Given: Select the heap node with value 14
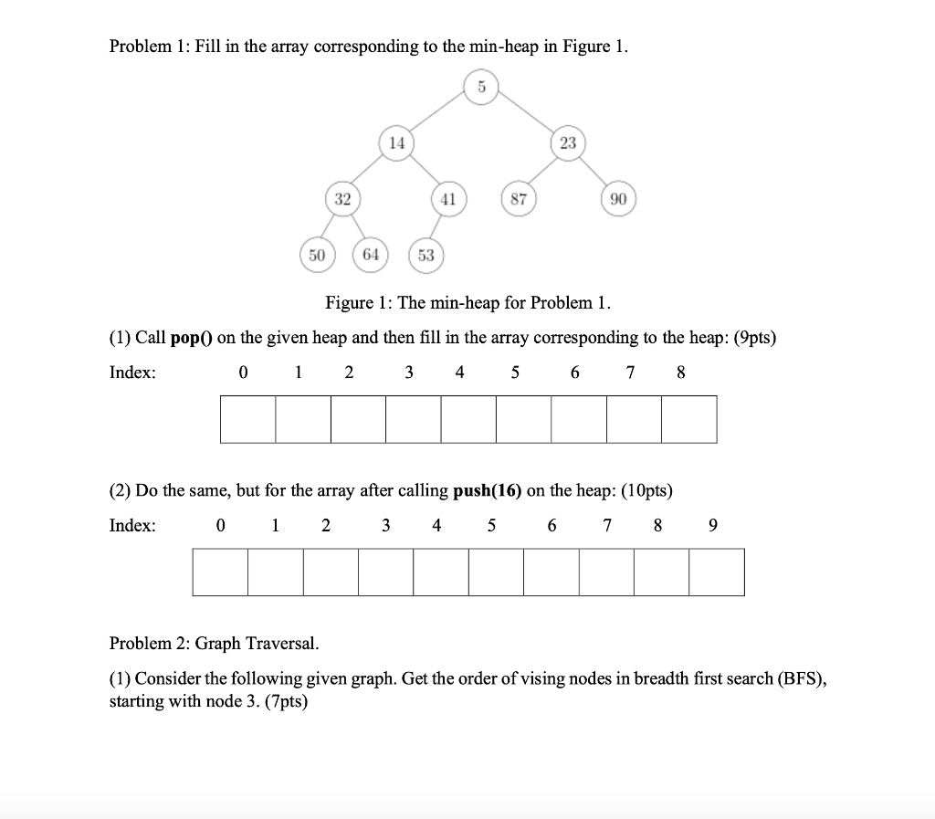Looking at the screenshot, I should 396,143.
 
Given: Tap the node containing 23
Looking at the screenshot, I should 568,143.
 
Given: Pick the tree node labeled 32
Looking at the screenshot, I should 342,199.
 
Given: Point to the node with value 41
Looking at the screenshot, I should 447,199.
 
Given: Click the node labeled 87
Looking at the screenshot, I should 518,199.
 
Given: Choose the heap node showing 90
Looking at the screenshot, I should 617,199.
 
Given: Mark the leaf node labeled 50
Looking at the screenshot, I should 317,255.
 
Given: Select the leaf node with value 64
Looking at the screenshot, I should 370,255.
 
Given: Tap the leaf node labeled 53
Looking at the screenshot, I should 425,256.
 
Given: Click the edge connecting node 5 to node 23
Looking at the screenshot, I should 526,115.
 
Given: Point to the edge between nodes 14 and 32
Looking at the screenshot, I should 369,172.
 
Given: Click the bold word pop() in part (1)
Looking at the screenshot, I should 191,338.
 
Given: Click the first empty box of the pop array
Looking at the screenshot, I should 247,419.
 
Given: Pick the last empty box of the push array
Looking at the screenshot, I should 717,572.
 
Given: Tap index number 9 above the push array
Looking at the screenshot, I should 713,525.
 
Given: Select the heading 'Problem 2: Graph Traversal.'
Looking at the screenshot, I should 215,644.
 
